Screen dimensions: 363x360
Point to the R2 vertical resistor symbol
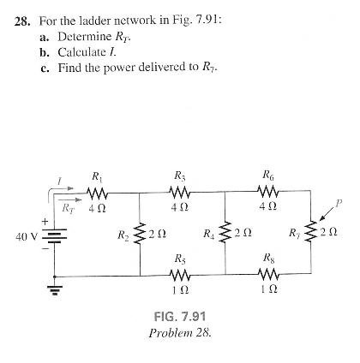141,234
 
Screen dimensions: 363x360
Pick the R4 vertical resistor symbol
224,234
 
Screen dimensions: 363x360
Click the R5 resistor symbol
180,276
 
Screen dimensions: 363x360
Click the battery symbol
56,235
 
